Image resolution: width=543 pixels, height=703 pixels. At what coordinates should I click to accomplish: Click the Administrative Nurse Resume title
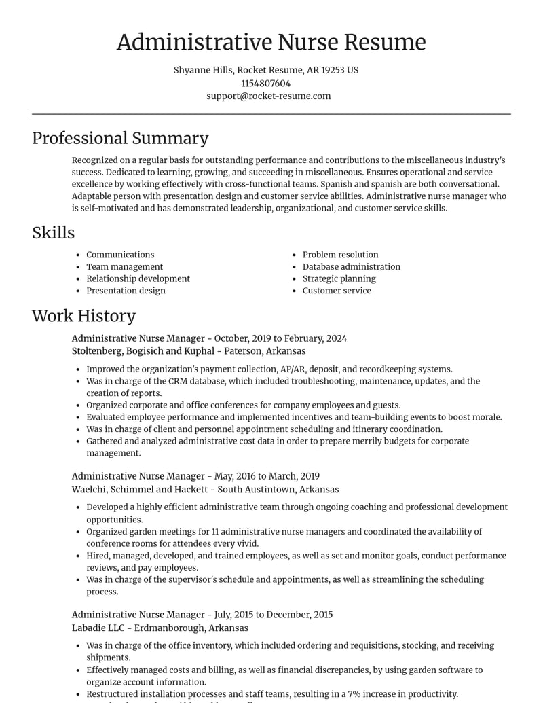[x=271, y=42]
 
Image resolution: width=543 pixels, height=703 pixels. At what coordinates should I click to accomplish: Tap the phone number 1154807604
[x=265, y=84]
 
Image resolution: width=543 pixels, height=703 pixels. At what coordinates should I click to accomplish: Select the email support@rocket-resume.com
[x=269, y=96]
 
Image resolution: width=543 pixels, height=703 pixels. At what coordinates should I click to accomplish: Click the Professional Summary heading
[x=120, y=139]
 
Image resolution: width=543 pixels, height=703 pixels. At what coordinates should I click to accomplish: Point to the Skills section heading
[x=53, y=233]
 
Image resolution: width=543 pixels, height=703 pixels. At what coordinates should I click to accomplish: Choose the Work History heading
[x=83, y=316]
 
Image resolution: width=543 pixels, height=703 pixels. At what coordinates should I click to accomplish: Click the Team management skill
[x=124, y=267]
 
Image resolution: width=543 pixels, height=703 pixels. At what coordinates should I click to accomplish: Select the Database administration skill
[x=351, y=267]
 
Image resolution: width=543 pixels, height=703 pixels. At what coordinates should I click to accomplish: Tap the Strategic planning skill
[x=339, y=278]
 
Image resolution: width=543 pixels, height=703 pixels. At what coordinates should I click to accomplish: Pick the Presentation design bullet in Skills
[x=126, y=291]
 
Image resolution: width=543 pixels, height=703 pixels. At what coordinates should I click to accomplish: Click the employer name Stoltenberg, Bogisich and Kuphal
[x=143, y=351]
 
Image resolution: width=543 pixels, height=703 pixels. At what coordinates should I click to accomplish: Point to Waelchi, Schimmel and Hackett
[x=140, y=490]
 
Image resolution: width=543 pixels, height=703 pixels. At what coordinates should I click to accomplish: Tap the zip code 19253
[x=333, y=71]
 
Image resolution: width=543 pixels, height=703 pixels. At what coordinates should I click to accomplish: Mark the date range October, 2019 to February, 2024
[x=280, y=338]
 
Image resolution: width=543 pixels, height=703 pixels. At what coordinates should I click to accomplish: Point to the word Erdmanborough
[x=168, y=628]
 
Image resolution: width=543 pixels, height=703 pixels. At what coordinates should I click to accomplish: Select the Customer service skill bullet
[x=337, y=291]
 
